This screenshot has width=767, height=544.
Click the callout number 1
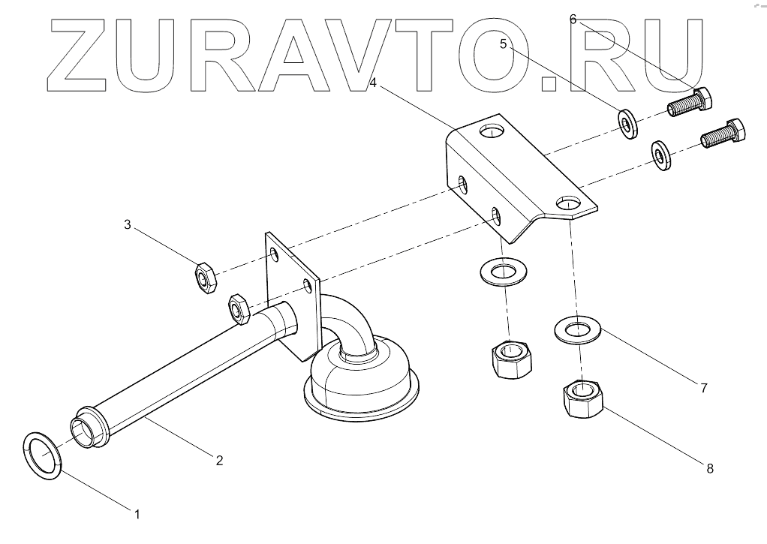coord(137,514)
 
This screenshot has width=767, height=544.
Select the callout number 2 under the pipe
coord(219,460)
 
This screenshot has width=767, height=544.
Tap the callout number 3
coord(128,224)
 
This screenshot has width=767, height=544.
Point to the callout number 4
coord(372,81)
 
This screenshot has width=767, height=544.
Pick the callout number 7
coord(703,388)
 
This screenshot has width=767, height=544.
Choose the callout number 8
coord(708,468)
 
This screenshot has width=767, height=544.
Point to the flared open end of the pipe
coord(89,427)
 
